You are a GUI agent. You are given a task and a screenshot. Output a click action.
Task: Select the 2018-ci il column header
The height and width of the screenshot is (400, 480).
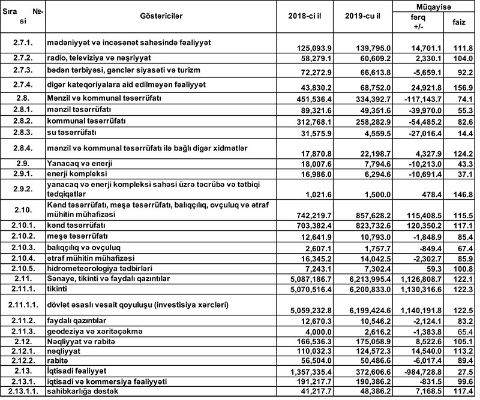[x=308, y=14]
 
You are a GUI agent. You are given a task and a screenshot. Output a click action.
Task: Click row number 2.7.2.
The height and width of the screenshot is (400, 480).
[x=23, y=58]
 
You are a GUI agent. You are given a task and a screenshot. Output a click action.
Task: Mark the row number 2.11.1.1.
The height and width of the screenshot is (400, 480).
[x=23, y=306]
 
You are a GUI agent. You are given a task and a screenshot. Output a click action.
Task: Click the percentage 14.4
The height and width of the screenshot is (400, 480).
[x=466, y=132]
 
